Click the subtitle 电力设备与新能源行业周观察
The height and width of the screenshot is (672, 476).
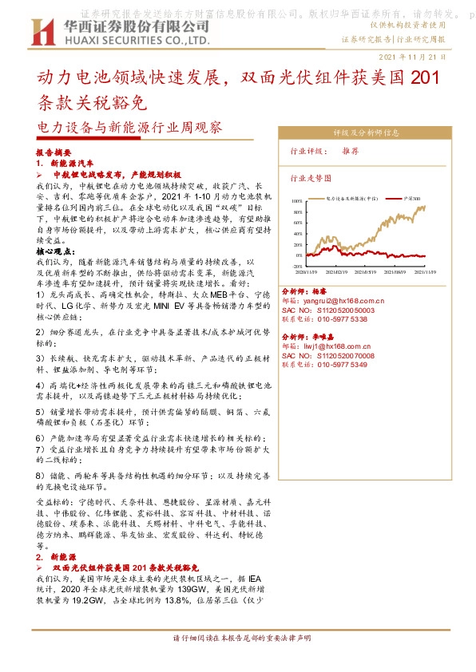tap(130, 128)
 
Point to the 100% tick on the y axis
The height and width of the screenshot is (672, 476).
tap(297, 201)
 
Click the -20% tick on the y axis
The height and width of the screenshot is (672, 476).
tap(297, 267)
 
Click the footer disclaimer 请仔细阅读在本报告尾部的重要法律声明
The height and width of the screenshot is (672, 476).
tap(238, 639)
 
